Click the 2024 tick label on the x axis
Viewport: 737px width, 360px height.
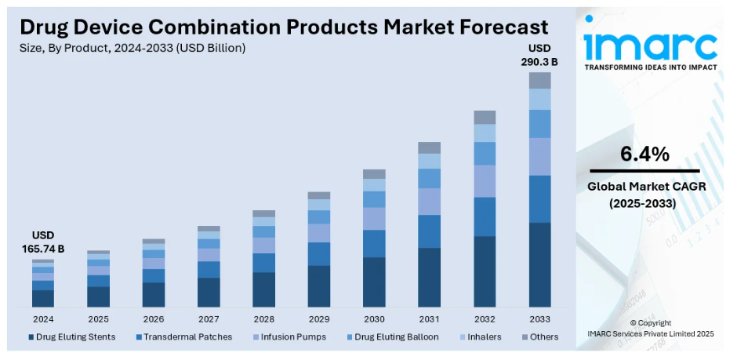point(43,319)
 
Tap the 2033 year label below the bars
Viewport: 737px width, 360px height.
point(539,319)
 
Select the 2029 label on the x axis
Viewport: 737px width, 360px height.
point(318,319)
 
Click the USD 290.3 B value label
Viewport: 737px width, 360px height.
point(539,56)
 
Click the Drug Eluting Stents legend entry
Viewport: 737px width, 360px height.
point(72,337)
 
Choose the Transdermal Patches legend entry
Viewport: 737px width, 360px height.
point(184,337)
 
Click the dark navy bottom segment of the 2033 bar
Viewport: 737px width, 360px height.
point(539,264)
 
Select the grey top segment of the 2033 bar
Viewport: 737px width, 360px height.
point(539,80)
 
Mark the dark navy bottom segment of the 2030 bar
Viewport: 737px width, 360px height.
point(374,282)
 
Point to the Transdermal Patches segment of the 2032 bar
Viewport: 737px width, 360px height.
point(485,216)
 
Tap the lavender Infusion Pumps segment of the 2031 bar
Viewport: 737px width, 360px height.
point(429,202)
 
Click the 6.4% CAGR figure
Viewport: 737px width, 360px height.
point(644,154)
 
